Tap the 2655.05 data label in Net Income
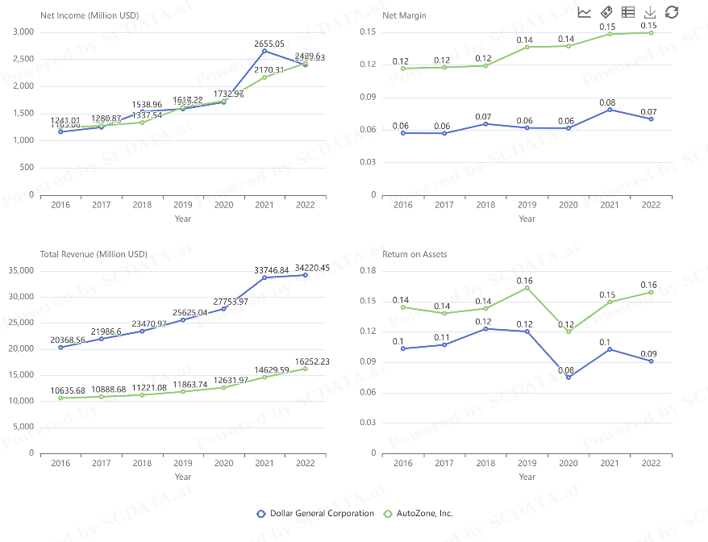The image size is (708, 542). [269, 44]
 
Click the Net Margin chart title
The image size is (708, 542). [404, 15]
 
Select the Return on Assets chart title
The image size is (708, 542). [414, 254]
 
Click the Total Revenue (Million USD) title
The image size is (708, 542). [94, 254]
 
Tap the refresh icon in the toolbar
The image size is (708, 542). [672, 12]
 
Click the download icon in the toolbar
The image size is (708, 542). [650, 12]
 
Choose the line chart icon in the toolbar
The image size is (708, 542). [585, 12]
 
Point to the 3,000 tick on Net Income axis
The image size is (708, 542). [24, 31]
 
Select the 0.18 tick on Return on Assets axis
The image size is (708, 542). [369, 270]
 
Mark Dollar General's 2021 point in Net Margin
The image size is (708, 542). [610, 109]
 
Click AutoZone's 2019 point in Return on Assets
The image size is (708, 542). [527, 288]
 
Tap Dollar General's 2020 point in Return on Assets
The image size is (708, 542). [568, 377]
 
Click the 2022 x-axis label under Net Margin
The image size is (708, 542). [651, 205]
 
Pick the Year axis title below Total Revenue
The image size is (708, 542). [183, 477]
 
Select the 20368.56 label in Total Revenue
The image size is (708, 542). [61, 340]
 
